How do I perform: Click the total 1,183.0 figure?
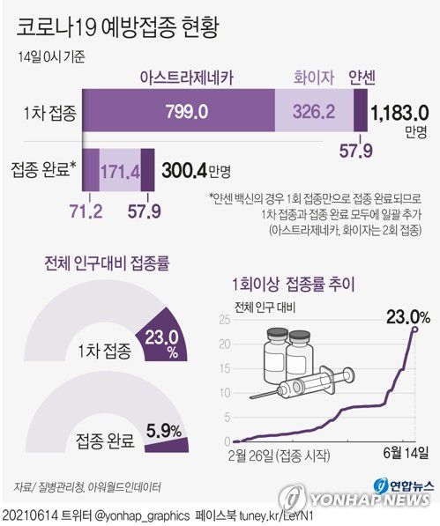(400, 113)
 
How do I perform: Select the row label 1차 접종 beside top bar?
(49, 113)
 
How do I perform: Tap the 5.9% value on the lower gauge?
(164, 430)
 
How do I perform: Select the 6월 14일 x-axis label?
(406, 456)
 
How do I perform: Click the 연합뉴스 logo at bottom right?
(401, 486)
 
